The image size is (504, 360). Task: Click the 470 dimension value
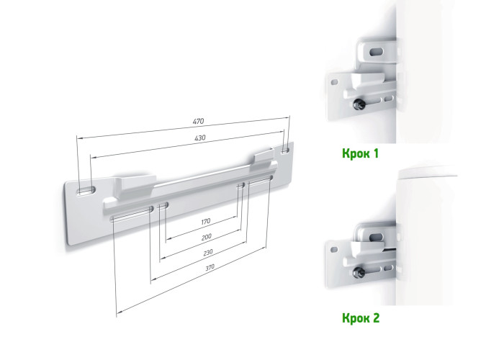click(x=198, y=122)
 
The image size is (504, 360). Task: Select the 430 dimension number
click(x=200, y=138)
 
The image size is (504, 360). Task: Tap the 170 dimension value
click(x=206, y=221)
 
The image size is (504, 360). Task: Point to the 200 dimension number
click(x=207, y=237)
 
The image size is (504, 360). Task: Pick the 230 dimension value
click(x=208, y=252)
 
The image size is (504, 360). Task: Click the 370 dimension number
click(x=210, y=267)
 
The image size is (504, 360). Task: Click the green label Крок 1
click(x=360, y=153)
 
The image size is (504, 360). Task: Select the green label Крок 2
click(x=361, y=318)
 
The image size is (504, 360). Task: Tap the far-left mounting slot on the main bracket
click(x=86, y=190)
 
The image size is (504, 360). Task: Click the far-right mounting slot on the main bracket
click(x=285, y=150)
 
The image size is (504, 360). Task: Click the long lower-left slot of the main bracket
click(x=132, y=215)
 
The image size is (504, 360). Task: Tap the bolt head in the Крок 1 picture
click(x=358, y=104)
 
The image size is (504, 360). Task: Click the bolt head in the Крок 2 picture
click(x=357, y=273)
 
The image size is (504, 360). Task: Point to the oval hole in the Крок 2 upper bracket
click(x=376, y=237)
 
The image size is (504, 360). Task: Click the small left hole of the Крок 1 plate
click(x=335, y=81)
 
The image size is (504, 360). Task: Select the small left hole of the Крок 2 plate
click(x=335, y=249)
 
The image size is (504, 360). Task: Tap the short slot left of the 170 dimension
click(x=163, y=205)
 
